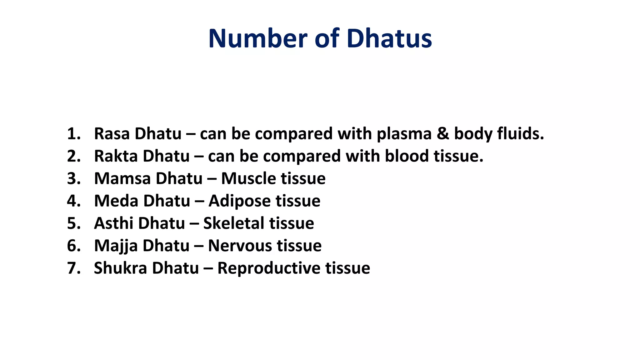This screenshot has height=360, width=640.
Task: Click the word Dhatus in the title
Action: (x=389, y=38)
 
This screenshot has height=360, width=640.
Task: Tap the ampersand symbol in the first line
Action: (x=442, y=134)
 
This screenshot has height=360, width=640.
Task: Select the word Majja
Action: (x=116, y=246)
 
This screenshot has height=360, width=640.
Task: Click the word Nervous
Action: (x=240, y=246)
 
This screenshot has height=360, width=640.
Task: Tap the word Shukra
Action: (x=120, y=268)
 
